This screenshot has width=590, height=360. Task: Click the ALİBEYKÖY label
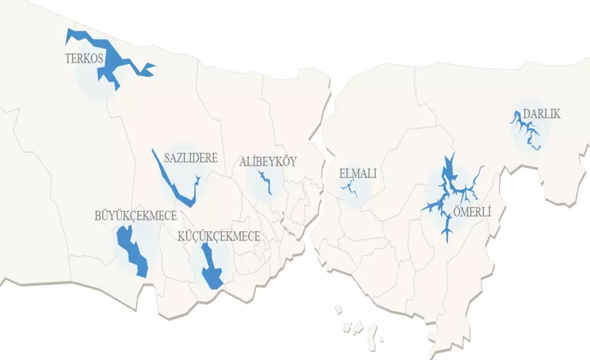click(268, 161)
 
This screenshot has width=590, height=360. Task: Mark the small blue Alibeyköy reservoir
click(265, 182)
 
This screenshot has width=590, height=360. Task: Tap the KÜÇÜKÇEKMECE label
click(219, 235)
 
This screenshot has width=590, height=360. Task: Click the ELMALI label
click(358, 174)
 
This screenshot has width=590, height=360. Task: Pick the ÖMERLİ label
click(472, 213)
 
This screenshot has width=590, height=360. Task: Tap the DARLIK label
click(542, 114)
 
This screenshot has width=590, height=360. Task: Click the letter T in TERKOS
click(67, 59)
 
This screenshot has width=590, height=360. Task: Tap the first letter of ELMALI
click(342, 174)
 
